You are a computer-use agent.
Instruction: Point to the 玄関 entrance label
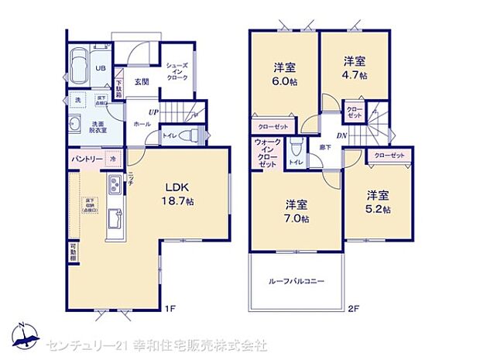(x=141, y=81)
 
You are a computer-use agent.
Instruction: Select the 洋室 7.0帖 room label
(x=297, y=211)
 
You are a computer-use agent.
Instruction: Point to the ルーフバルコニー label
(x=297, y=280)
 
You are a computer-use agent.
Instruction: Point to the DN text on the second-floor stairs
(x=341, y=136)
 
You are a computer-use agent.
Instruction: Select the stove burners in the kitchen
(x=114, y=186)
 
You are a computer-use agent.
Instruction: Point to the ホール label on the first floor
(x=141, y=123)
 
